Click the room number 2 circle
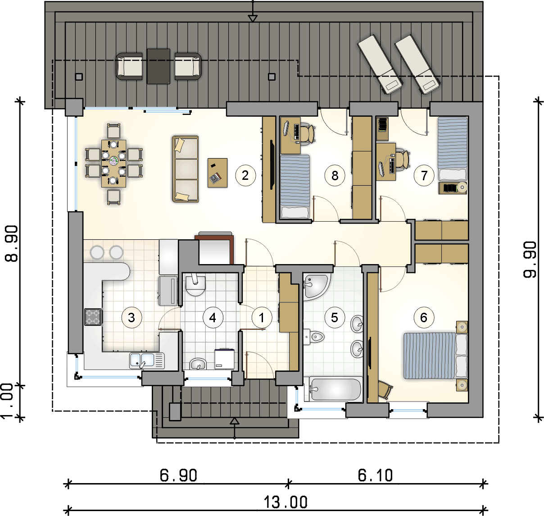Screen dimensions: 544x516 point(245,175)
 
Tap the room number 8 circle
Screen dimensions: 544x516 point(335,175)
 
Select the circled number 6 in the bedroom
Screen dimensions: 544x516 point(424,317)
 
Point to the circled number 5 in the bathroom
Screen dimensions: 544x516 point(335,317)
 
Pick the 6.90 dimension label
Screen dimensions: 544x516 point(178,475)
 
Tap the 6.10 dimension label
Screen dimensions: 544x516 point(375,475)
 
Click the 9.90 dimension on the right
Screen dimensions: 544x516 point(530,260)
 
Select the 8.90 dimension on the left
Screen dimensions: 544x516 point(12,244)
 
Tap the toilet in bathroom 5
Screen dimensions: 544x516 point(314,337)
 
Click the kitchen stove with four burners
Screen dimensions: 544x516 point(93,317)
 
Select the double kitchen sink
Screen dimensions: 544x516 point(147,361)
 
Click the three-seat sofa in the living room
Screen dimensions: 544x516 point(186,169)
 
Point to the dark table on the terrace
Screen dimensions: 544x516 point(159,67)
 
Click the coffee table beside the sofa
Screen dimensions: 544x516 point(218,173)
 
